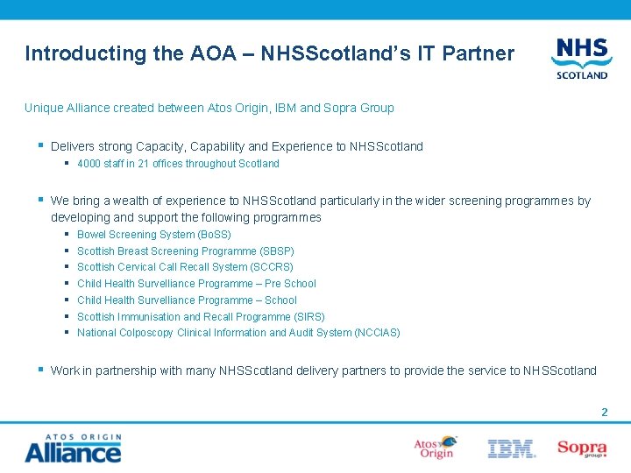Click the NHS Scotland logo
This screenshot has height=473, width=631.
(580, 58)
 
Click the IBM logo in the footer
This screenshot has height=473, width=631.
(511, 449)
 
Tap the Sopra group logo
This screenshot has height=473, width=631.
(581, 448)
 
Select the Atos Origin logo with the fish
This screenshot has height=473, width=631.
(436, 448)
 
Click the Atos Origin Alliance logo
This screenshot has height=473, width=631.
(73, 448)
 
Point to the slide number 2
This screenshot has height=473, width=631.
(604, 412)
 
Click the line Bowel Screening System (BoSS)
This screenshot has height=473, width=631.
(153, 235)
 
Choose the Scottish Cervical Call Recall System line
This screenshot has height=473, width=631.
(185, 267)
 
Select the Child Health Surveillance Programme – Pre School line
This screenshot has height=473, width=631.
(196, 284)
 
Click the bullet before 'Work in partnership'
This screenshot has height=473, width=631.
(41, 370)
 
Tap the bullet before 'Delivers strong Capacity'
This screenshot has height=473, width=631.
(41, 145)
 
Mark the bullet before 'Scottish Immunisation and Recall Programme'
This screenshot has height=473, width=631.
(67, 316)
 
